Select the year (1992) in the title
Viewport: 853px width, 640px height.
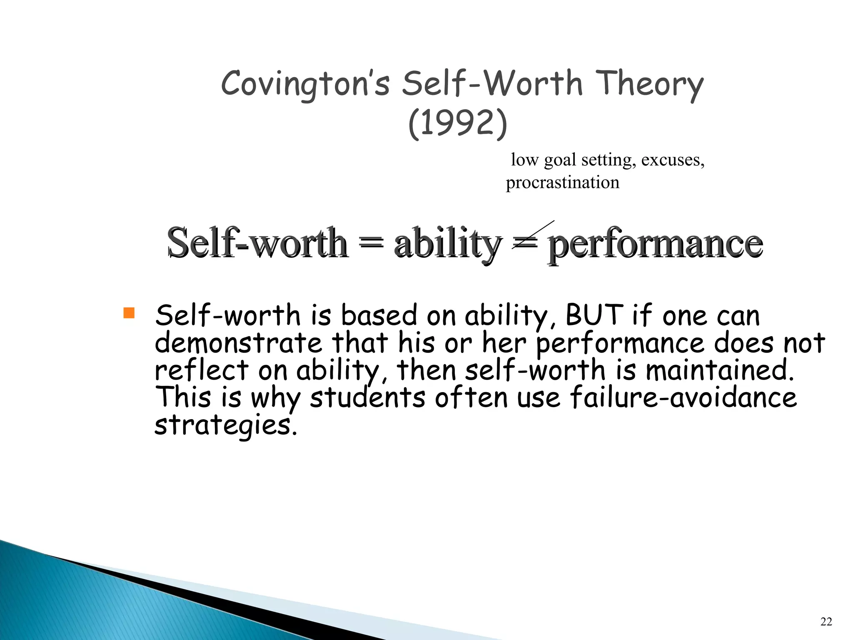coord(457,123)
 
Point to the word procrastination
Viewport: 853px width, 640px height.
coord(562,182)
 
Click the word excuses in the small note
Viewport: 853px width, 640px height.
coord(672,160)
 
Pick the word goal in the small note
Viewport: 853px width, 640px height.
coord(560,160)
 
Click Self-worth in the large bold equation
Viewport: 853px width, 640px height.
coord(257,243)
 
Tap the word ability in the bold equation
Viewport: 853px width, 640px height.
coord(448,243)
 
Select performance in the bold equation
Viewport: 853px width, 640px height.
coord(655,244)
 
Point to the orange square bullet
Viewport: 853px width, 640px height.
coord(129,313)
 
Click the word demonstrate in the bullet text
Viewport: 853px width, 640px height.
coord(238,342)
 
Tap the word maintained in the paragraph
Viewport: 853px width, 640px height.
coord(719,370)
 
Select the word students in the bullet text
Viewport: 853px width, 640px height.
coord(367,397)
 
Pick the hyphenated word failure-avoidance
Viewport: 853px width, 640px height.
coord(683,397)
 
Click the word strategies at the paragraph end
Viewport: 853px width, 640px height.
coord(226,425)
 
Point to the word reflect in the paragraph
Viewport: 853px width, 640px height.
coord(202,370)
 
